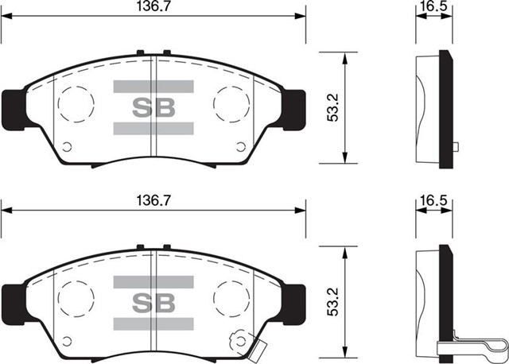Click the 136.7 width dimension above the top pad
(x=153, y=6)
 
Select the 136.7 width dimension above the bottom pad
(x=153, y=201)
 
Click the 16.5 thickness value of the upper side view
(x=433, y=6)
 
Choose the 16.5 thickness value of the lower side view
(x=433, y=201)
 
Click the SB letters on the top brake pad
(x=153, y=107)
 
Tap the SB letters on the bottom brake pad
(x=153, y=302)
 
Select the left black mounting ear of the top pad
(x=14, y=108)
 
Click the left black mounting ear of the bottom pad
(x=14, y=300)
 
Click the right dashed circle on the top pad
(x=231, y=102)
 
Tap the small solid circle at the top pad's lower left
(x=67, y=145)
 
